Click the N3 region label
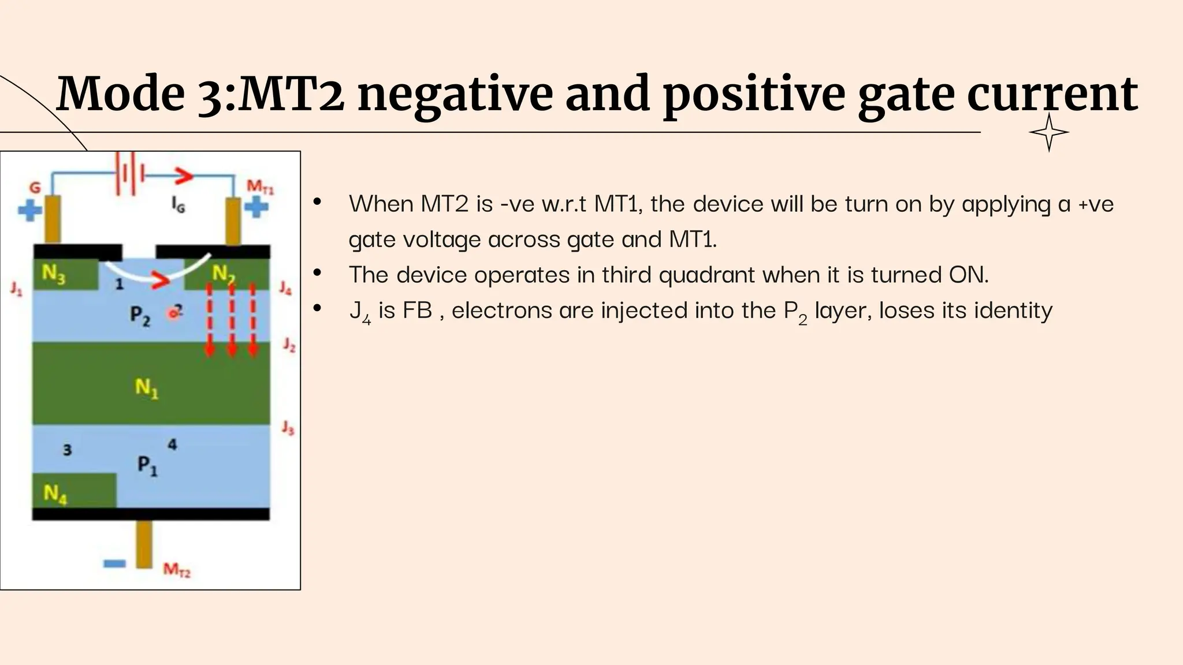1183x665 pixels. tap(53, 274)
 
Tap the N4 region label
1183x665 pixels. tap(55, 494)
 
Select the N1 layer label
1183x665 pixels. tap(146, 388)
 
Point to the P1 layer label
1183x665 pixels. tap(147, 465)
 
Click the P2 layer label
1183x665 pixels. tap(139, 316)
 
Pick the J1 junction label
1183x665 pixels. tap(16, 288)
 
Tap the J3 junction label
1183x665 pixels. tap(288, 428)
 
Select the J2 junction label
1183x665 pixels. tap(289, 345)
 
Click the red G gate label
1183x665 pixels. tap(35, 188)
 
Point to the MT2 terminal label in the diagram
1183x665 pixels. tap(176, 570)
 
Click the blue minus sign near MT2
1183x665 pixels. tap(114, 563)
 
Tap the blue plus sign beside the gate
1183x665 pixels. tap(29, 210)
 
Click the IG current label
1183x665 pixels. tap(178, 204)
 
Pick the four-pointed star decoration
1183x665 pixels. tap(1048, 132)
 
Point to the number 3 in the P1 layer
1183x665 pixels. tap(67, 450)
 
